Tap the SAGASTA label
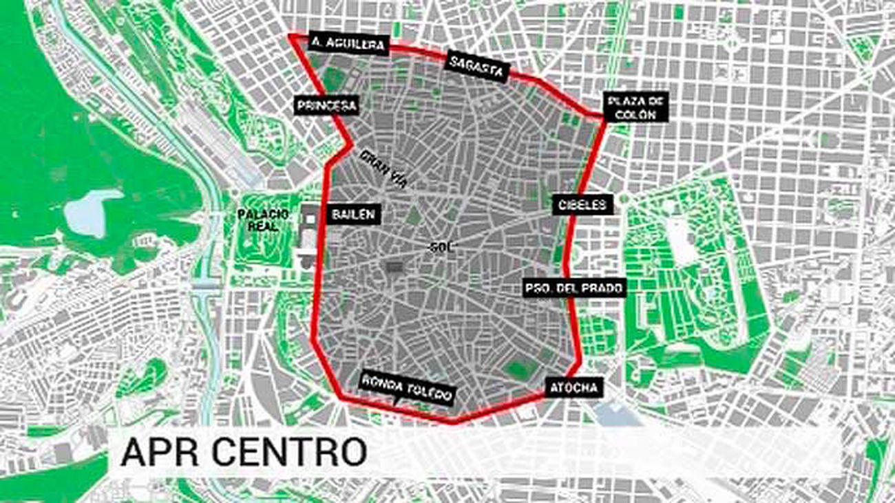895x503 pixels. click(477, 66)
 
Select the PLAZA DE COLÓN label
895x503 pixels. click(637, 107)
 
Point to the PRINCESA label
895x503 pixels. click(326, 105)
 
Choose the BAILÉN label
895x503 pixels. click(353, 214)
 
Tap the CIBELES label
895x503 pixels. click(582, 204)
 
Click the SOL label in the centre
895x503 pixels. click(442, 247)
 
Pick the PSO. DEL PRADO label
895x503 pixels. click(573, 288)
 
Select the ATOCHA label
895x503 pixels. click(573, 387)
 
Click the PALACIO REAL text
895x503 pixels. click(260, 220)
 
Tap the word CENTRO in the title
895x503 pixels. click(289, 452)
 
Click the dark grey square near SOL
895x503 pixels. click(394, 267)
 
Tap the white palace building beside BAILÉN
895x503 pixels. click(309, 237)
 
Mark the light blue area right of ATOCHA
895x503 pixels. click(616, 413)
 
